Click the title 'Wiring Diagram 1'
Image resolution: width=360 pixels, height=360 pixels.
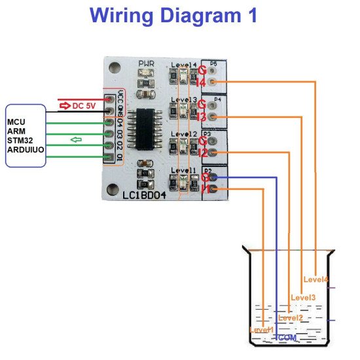[173, 16]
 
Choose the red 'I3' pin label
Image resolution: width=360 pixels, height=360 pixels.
[202, 117]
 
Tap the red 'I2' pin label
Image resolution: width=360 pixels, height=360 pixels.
[202, 153]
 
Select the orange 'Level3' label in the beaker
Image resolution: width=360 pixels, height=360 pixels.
[303, 298]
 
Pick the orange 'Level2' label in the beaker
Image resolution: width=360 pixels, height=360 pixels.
[290, 317]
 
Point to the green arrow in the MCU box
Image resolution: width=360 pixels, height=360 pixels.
[77, 139]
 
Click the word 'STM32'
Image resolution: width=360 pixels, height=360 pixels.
[22, 140]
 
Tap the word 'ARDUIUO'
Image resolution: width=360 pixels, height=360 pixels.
[26, 149]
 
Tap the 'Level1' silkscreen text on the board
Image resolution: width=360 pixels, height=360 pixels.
[183, 170]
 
